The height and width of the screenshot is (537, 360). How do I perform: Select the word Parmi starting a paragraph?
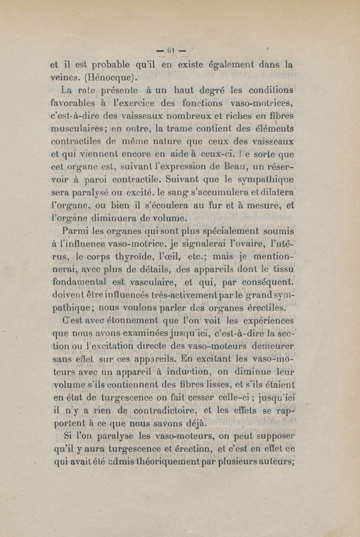click(x=75, y=232)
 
